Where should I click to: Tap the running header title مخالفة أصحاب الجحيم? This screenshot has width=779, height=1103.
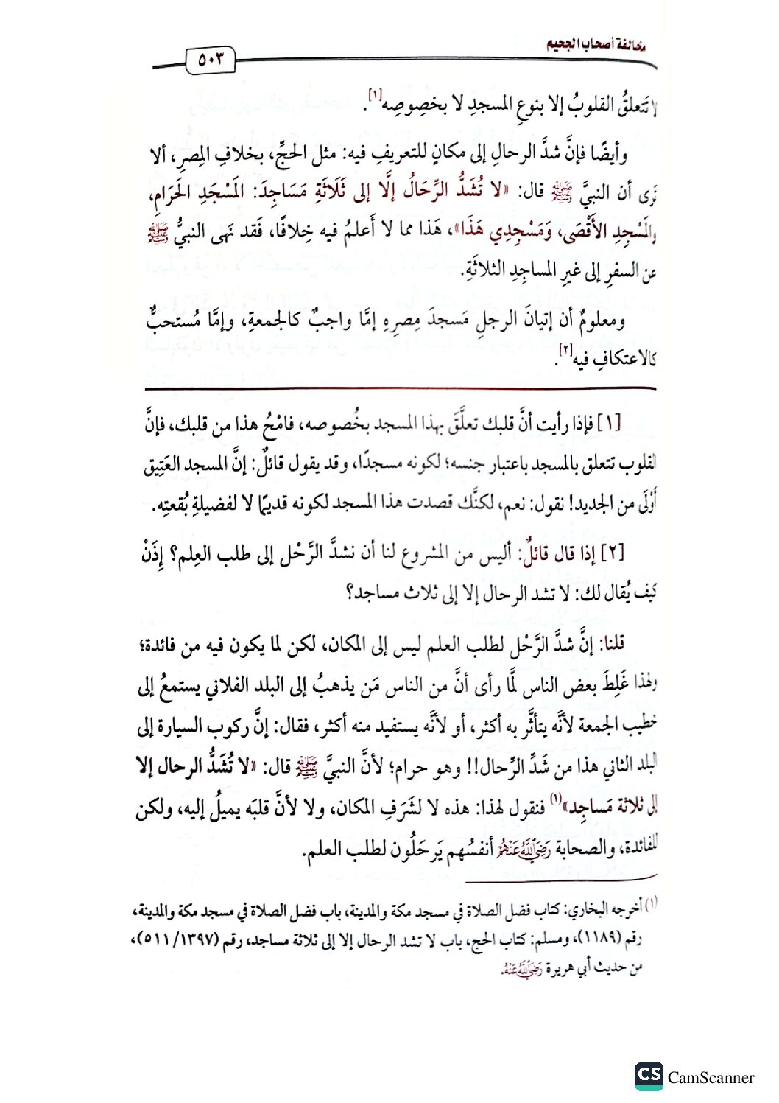(x=596, y=44)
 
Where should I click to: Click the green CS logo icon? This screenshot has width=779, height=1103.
(x=648, y=1076)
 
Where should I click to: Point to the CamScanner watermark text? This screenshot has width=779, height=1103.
(x=711, y=1078)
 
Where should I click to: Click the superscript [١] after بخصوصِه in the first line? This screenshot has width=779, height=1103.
(x=375, y=95)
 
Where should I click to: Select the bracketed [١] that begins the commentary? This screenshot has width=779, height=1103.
(x=609, y=424)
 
